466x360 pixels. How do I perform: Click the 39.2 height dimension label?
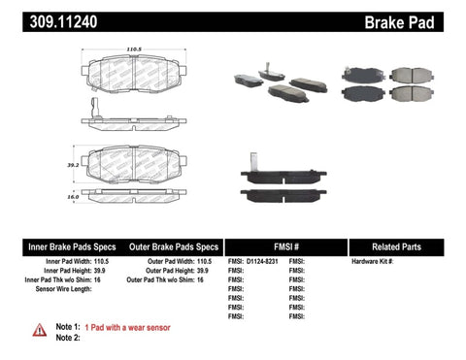[x=74, y=165]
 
